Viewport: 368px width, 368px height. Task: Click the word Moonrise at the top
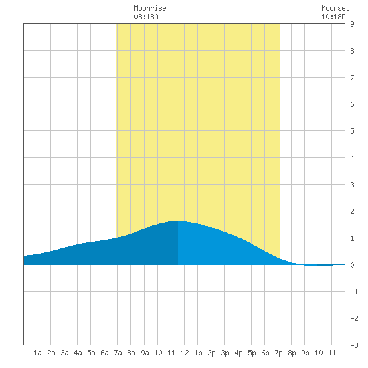(150, 8)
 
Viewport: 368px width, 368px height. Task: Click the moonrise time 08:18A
(146, 17)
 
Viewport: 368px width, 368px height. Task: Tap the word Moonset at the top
(335, 8)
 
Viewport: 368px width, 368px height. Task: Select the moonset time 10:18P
(333, 17)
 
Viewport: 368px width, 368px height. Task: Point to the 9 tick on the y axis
(352, 24)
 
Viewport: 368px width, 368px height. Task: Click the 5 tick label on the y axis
(352, 131)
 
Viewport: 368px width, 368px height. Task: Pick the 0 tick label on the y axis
(352, 265)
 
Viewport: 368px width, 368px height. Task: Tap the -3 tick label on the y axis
(354, 345)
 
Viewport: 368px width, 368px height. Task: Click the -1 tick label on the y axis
(354, 292)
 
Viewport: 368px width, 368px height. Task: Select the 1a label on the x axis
(37, 353)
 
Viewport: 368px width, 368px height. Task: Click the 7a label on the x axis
(118, 353)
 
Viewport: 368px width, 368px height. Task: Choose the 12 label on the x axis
(185, 353)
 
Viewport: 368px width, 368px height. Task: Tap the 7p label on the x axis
(278, 353)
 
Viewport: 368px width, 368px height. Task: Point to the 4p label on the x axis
(238, 353)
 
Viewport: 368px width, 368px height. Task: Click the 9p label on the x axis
(305, 353)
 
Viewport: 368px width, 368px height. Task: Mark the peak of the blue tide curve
(178, 221)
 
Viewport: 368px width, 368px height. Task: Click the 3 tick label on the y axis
(352, 185)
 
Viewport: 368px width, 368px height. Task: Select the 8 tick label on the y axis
(352, 51)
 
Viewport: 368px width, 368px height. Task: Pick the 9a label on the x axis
(145, 353)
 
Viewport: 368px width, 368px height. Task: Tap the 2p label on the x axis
(211, 353)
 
